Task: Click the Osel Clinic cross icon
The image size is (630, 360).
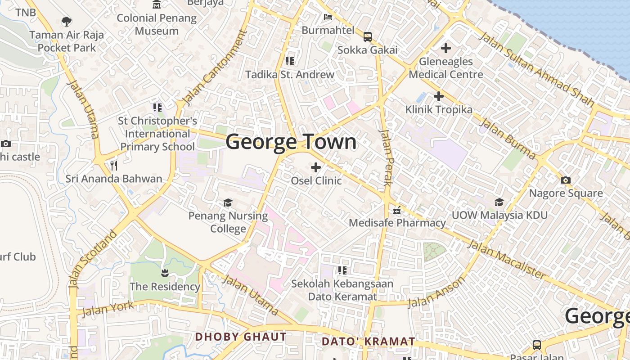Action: [x=316, y=167]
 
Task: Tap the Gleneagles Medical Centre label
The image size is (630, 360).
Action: [x=446, y=68]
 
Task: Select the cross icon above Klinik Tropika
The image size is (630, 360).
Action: [x=438, y=96]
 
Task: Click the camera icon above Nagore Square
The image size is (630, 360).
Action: [x=566, y=180]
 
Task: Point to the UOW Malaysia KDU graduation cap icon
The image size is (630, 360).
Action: [x=499, y=202]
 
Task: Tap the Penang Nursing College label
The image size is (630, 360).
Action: [x=228, y=222]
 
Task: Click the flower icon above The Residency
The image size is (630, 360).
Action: [x=165, y=273]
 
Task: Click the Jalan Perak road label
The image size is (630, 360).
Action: [x=387, y=157]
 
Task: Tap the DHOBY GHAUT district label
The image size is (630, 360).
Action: [x=241, y=337]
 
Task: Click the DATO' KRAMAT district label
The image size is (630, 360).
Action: [x=368, y=342]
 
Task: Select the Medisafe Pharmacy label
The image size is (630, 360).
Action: [x=397, y=223]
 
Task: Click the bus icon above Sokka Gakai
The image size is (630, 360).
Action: [x=368, y=36]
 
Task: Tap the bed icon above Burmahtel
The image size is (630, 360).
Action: [x=328, y=17]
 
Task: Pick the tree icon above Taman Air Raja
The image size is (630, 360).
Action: [x=67, y=21]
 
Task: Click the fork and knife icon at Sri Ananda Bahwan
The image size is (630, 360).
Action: [x=114, y=166]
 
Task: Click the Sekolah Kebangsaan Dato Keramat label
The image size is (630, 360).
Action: [x=342, y=290]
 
